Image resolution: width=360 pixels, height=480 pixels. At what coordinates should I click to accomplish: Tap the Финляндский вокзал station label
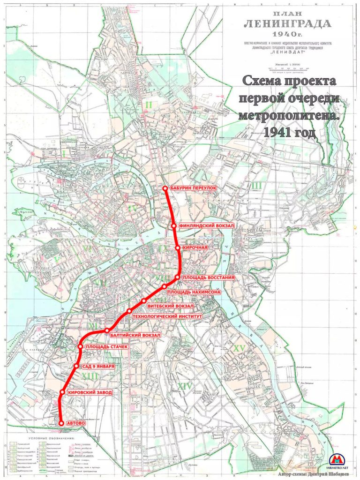pyautogui.click(x=205, y=226)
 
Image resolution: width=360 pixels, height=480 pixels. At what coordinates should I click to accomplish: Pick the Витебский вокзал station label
pyautogui.click(x=171, y=306)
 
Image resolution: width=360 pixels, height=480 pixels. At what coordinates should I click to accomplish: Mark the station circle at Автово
pyautogui.click(x=61, y=423)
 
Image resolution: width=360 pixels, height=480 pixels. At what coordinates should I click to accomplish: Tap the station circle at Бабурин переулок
pyautogui.click(x=165, y=188)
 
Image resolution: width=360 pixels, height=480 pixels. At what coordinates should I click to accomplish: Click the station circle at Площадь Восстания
pyautogui.click(x=178, y=277)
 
